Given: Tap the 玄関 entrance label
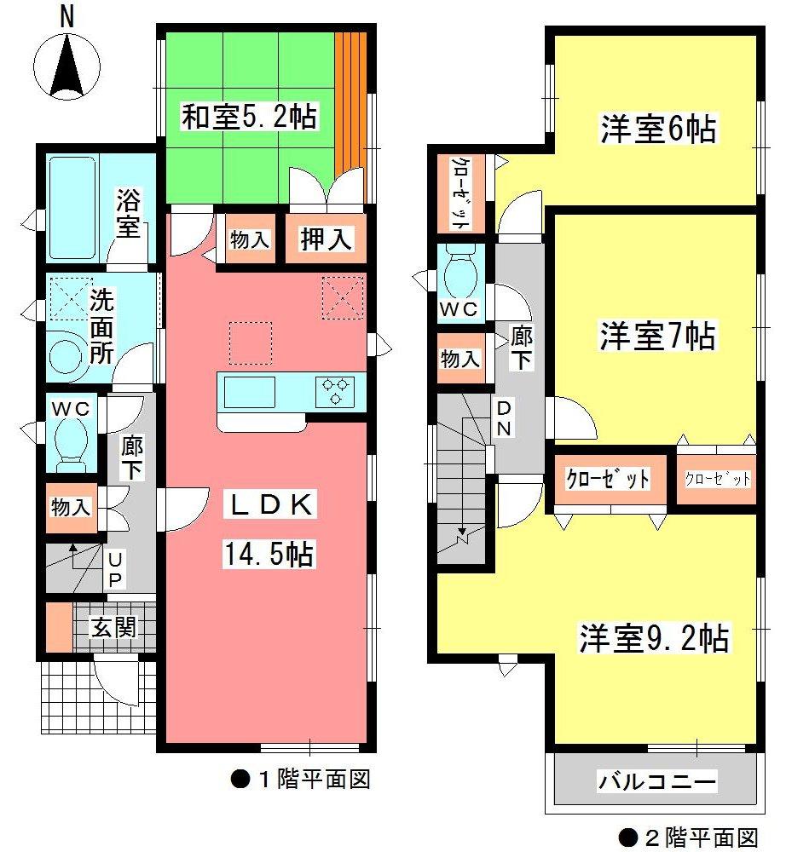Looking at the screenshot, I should (x=113, y=628).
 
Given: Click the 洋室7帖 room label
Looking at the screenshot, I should (x=656, y=336).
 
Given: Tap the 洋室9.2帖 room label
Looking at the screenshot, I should (x=655, y=637).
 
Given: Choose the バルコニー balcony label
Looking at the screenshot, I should (x=656, y=780).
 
